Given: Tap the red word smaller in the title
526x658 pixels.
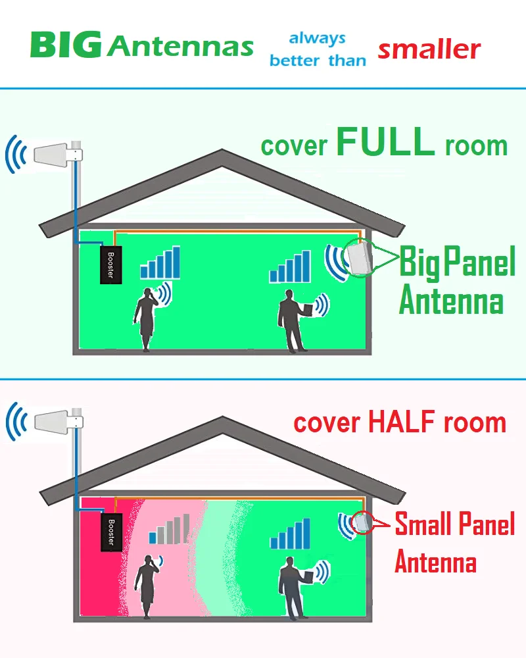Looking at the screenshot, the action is point(429,49).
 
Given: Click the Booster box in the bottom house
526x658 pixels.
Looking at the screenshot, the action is point(111,532).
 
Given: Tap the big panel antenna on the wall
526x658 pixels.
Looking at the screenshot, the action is point(360,258).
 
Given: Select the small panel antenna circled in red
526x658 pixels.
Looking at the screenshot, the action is point(361,522).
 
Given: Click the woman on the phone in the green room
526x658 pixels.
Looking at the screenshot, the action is point(145,318).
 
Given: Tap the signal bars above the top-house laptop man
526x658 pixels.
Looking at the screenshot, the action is point(291,266).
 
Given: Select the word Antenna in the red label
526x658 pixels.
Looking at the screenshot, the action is point(435,563).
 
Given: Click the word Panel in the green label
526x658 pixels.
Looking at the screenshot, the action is point(478,263).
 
